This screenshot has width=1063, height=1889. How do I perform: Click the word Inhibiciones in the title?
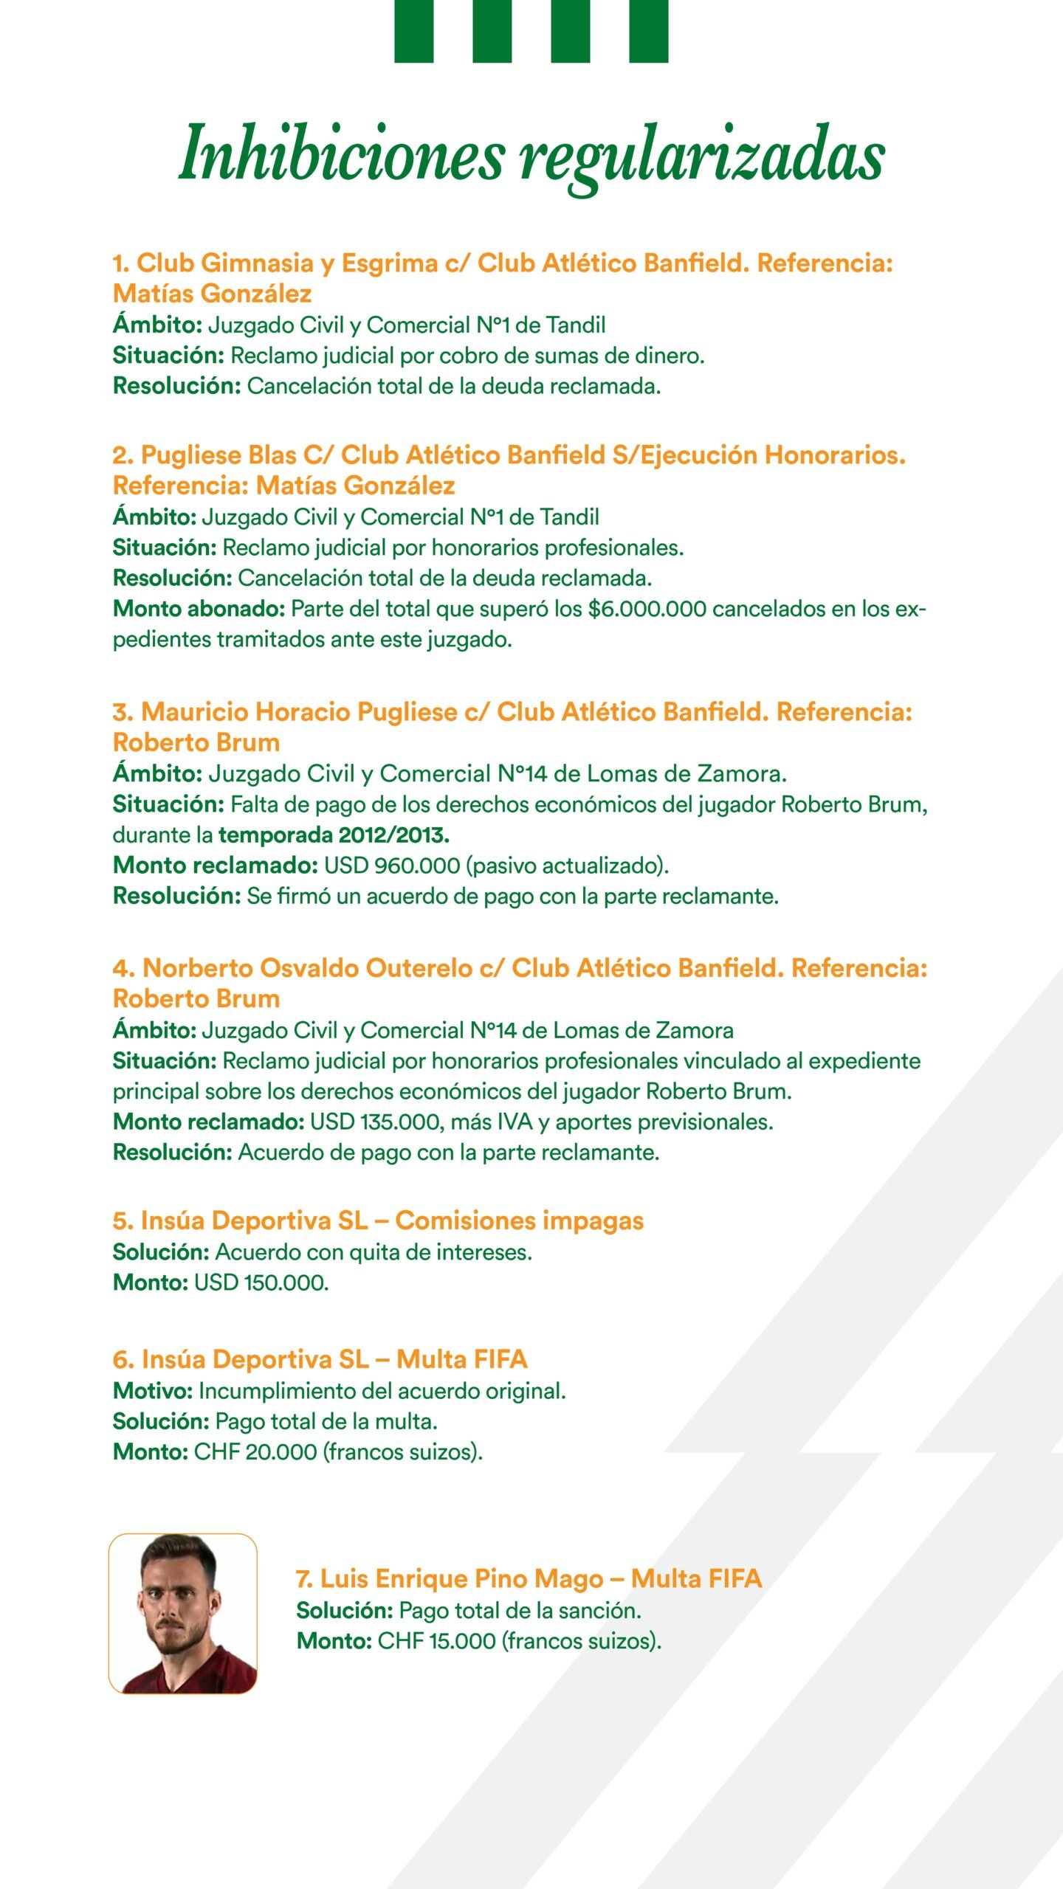pyautogui.click(x=341, y=153)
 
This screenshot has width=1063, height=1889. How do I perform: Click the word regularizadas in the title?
pyautogui.click(x=701, y=156)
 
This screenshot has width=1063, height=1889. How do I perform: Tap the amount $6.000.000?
pyautogui.click(x=647, y=609)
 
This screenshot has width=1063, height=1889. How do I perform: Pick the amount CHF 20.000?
pyautogui.click(x=255, y=1452)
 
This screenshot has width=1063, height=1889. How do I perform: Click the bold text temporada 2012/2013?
pyautogui.click(x=334, y=835)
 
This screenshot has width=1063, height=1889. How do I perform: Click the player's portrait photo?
pyautogui.click(x=183, y=1614)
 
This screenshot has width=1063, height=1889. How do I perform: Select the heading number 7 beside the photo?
pyautogui.click(x=303, y=1579)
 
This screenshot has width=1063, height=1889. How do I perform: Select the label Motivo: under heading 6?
pyautogui.click(x=153, y=1392)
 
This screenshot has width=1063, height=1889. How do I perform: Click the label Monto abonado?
pyautogui.click(x=199, y=609)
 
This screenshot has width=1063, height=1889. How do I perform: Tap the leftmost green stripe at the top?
pyautogui.click(x=413, y=31)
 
